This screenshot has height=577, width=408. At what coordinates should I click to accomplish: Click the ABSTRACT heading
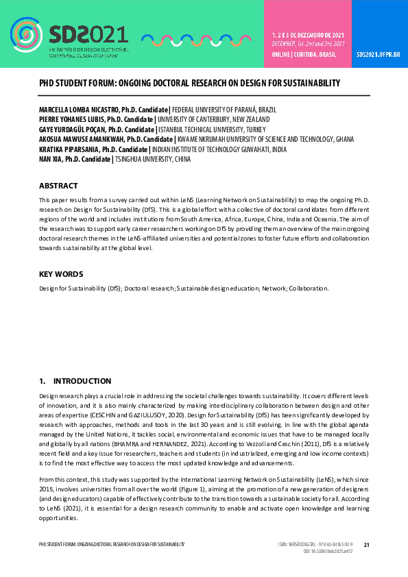point(58,186)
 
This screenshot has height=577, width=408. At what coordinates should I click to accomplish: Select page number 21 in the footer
point(366,545)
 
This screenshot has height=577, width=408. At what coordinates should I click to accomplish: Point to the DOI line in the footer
point(327,552)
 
